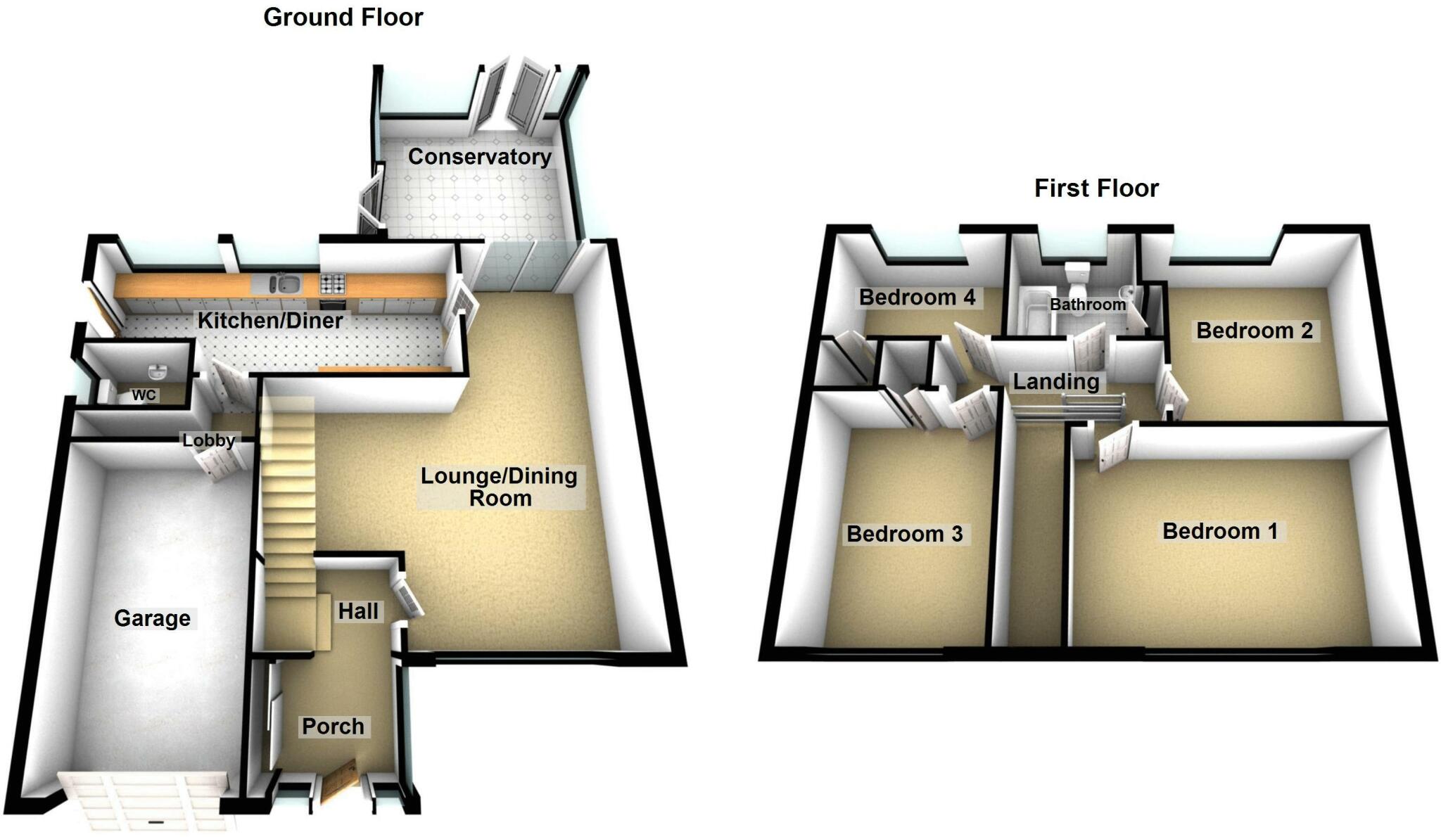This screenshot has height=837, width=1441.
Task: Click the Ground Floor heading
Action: coord(343,18)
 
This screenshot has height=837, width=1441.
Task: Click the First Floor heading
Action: coord(1096,189)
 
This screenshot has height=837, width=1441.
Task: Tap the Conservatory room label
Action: coord(480,157)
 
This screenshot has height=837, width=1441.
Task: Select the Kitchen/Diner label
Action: coord(270,321)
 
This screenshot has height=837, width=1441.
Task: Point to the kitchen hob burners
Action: coord(333,283)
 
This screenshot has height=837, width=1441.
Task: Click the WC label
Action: coord(144,395)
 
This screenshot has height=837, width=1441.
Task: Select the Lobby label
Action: coord(208,441)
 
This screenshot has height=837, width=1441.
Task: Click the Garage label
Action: coord(153,618)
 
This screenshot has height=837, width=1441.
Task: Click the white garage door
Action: coord(144,802)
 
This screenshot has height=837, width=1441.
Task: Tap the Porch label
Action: coord(334,727)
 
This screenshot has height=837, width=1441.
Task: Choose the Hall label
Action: coord(358,611)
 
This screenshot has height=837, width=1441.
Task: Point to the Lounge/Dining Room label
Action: coord(500,487)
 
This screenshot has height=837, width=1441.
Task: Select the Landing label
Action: coord(1055,382)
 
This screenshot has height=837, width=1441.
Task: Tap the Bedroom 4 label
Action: coord(918,298)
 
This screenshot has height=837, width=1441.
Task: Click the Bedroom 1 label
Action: coord(1220,531)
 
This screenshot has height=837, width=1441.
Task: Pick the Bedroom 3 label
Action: coord(905,534)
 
